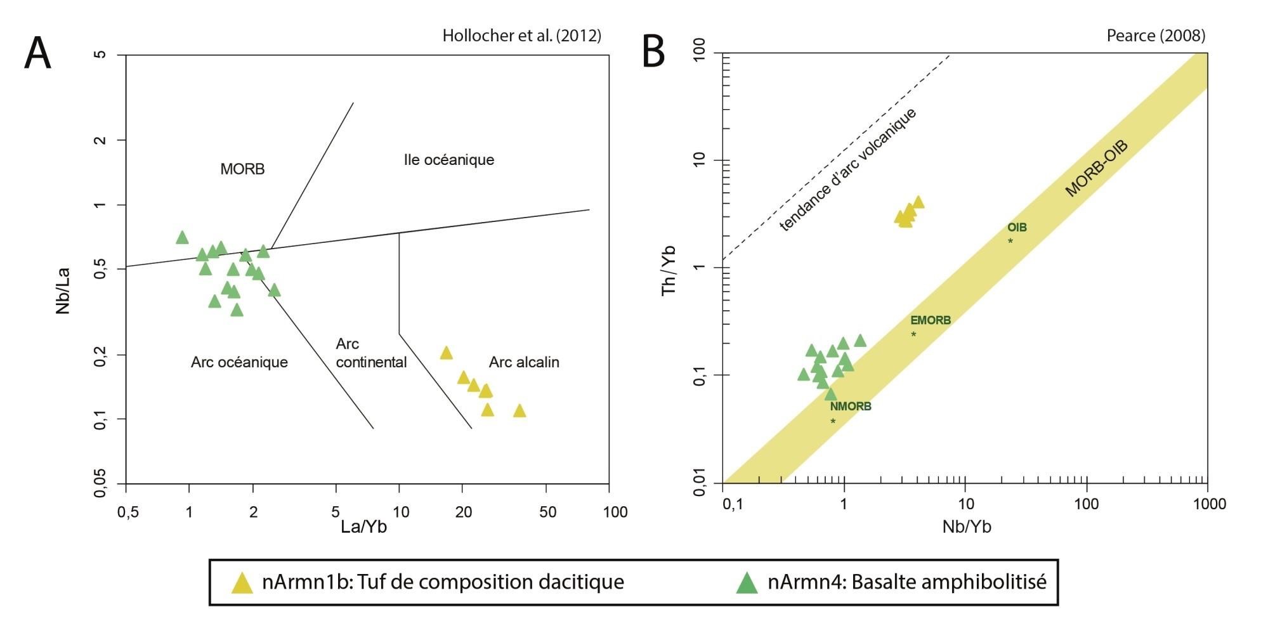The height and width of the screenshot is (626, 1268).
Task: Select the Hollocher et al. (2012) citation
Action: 521,36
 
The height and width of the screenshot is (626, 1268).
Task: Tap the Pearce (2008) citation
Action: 1156,36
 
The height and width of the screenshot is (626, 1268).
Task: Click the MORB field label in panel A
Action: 242,169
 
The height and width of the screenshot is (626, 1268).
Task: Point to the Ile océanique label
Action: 449,160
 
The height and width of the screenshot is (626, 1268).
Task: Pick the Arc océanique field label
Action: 239,362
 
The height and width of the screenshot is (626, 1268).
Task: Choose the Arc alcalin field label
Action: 524,362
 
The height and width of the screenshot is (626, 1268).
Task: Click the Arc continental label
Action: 371,353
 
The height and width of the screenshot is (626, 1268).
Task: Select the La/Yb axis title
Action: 363,527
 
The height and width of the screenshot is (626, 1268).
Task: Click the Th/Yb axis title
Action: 669,271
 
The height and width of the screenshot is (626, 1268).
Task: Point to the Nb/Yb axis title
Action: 967,527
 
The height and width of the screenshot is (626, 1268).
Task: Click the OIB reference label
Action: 1017,228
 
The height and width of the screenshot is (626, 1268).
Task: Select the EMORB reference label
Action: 931,320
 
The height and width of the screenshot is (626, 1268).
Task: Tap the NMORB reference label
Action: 851,407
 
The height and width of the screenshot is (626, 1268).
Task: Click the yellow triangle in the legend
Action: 242,583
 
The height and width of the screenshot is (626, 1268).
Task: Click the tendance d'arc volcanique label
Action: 847,169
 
